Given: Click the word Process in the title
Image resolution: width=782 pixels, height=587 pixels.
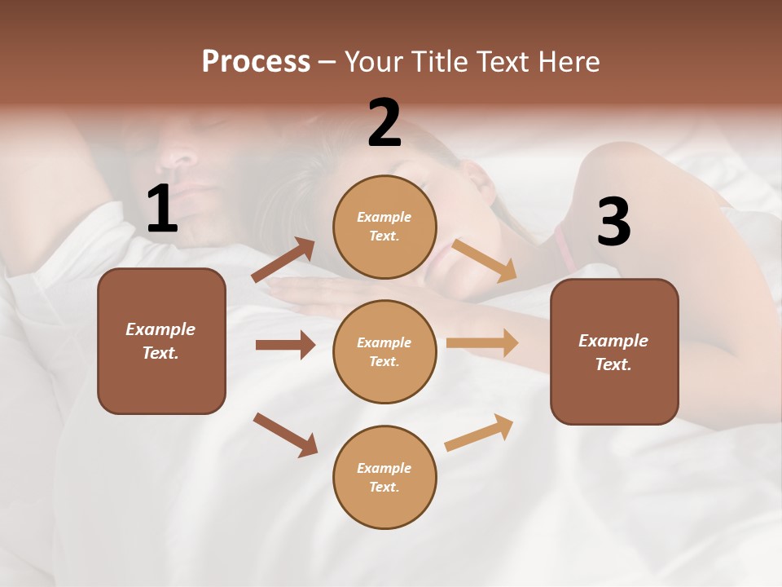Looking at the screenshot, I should pyautogui.click(x=256, y=62).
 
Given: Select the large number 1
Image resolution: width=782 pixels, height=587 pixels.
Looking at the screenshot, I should pyautogui.click(x=162, y=210).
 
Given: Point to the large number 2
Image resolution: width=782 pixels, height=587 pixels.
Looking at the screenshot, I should pyautogui.click(x=384, y=123).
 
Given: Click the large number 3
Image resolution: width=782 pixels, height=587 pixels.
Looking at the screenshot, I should pyautogui.click(x=613, y=222).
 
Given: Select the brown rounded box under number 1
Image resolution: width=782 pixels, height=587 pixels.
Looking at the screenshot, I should pyautogui.click(x=161, y=341).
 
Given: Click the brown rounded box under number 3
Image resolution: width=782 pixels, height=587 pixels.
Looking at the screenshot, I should pyautogui.click(x=614, y=351).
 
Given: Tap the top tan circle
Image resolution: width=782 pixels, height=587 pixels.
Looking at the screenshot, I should pyautogui.click(x=384, y=227).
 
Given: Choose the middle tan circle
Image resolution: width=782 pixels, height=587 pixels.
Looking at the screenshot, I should pyautogui.click(x=384, y=351).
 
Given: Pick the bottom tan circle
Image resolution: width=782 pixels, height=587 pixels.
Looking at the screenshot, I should pyautogui.click(x=384, y=477).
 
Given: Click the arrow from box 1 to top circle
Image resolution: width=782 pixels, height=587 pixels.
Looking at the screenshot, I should pyautogui.click(x=283, y=260).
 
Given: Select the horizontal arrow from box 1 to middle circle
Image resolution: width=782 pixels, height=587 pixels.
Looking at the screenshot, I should pyautogui.click(x=285, y=345).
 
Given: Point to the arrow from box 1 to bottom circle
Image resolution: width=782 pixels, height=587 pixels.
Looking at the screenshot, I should pyautogui.click(x=285, y=435).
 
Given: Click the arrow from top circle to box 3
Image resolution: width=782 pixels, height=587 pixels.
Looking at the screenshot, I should pyautogui.click(x=485, y=260).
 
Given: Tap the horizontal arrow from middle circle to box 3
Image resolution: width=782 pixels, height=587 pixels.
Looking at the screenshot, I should pyautogui.click(x=482, y=342).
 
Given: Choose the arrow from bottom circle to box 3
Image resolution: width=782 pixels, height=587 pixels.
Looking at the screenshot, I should pyautogui.click(x=479, y=433).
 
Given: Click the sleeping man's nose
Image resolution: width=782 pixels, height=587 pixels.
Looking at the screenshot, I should pyautogui.click(x=181, y=157).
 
